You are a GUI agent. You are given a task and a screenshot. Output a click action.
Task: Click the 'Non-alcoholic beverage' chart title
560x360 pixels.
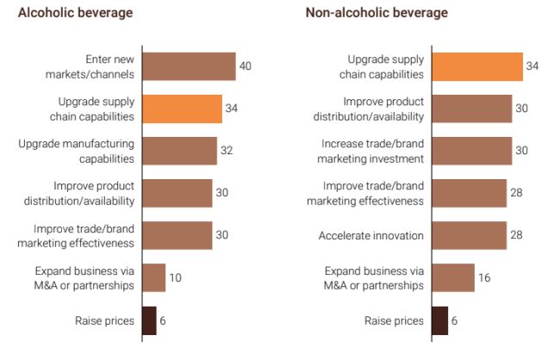pos(376,13)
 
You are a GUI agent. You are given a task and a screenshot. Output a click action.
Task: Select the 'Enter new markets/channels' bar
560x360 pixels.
pos(188,66)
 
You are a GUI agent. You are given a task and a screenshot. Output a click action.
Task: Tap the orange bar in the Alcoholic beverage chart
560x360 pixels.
pos(181,109)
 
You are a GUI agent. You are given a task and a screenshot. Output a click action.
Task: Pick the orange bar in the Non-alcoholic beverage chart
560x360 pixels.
pos(476,66)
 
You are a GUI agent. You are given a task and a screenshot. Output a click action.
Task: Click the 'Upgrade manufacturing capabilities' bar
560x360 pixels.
pos(178,151)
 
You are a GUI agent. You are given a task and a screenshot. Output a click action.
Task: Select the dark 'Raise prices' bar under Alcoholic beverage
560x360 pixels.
pos(148,320)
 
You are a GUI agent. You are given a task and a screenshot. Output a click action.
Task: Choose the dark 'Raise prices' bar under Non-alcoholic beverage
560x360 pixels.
pos(439,320)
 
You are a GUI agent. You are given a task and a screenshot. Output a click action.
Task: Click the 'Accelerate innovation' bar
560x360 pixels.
pos(469,235)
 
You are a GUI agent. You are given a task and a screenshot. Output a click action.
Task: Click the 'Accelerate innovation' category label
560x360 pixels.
pos(371,235)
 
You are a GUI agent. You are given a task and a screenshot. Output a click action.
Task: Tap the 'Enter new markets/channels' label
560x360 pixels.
pos(96,66)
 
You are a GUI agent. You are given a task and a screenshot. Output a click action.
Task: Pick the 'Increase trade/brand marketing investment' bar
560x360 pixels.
pos(471,151)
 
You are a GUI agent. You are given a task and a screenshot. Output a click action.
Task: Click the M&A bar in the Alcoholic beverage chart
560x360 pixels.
pos(152,277)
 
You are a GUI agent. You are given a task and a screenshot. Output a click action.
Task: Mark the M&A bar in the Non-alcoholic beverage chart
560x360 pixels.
pos(452,277)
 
